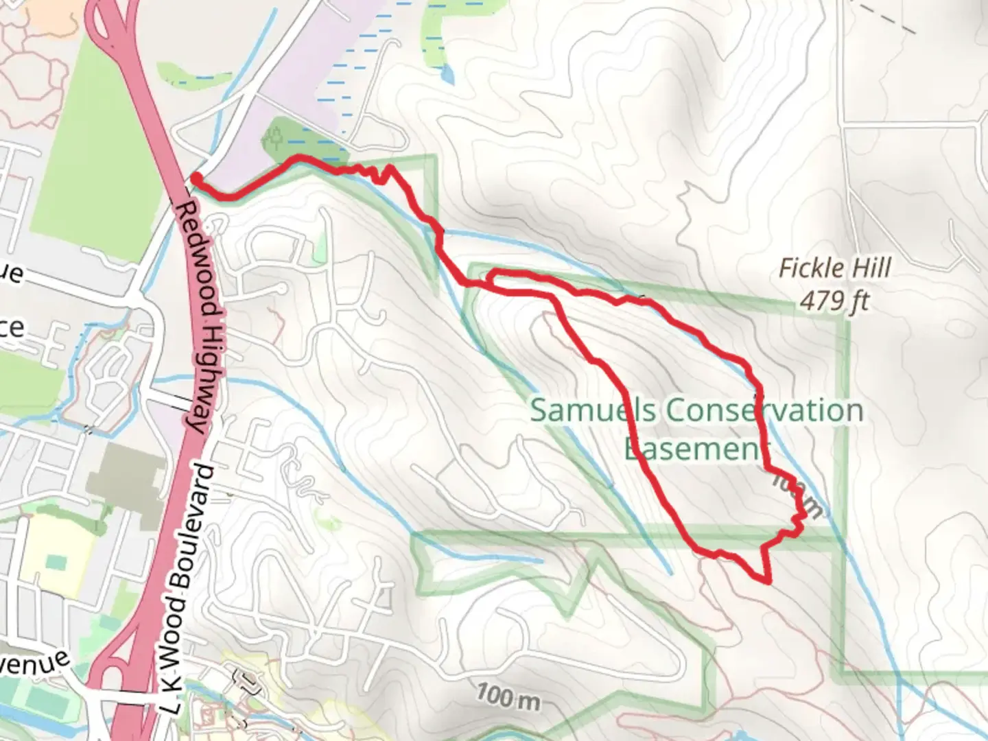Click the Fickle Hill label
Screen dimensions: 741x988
point(834,268)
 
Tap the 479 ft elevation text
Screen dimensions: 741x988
point(834,301)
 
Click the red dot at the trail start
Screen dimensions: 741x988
point(196,178)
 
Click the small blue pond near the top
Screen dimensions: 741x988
point(447,73)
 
